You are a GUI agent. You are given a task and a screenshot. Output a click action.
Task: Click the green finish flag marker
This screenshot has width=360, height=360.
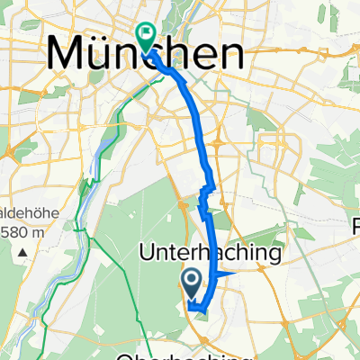(x=146, y=35)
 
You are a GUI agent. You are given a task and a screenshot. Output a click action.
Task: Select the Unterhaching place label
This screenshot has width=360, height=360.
(x=211, y=255)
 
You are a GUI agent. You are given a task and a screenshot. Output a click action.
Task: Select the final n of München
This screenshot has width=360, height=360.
(x=230, y=56)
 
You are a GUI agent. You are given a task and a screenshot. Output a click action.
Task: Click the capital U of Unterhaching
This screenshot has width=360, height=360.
(x=148, y=255)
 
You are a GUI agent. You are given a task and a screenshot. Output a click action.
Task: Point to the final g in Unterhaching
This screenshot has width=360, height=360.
(x=274, y=257)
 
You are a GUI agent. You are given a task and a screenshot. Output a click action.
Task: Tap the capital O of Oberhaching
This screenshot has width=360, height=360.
(x=145, y=354)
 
